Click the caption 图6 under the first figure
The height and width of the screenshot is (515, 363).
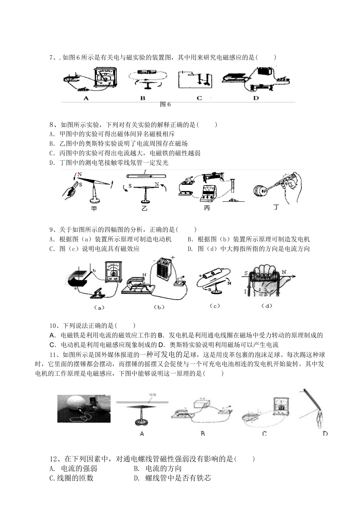(165, 104)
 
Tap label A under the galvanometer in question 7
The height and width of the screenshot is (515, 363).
(86, 98)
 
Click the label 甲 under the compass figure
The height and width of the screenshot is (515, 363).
(94, 209)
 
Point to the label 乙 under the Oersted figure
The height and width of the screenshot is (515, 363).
(144, 209)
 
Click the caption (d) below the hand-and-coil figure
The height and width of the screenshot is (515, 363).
(266, 306)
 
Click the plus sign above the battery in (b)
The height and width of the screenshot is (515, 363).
(172, 257)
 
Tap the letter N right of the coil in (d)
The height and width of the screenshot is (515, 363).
(284, 272)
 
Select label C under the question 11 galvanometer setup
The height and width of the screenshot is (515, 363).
(264, 434)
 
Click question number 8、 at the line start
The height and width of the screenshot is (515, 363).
(53, 124)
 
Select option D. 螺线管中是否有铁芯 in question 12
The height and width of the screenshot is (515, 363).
(172, 478)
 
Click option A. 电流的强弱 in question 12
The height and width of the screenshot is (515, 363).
(73, 468)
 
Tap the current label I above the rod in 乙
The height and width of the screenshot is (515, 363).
(145, 173)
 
